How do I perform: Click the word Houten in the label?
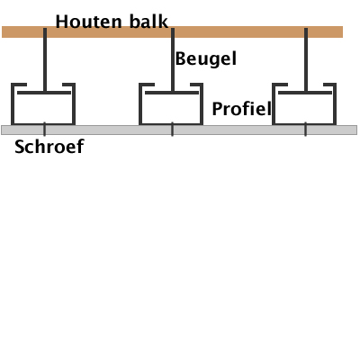tap(88, 22)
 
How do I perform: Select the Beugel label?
tap(206, 59)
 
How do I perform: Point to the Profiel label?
tap(242, 109)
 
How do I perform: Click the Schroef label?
tap(49, 147)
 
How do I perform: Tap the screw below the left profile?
tap(45, 130)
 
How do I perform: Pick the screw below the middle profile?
tap(172, 130)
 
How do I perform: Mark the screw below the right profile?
tap(305, 130)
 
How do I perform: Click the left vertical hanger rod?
tap(45, 59)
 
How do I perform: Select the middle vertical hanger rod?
tap(173, 59)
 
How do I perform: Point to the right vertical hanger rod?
tap(306, 59)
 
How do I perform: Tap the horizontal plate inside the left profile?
tap(44, 93)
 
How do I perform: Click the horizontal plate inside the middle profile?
tap(172, 93)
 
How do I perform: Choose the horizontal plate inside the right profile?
tap(305, 93)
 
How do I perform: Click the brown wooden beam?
tap(172, 31)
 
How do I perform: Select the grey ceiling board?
tap(179, 130)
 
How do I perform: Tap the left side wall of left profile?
tap(13, 103)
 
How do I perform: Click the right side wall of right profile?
tap(335, 103)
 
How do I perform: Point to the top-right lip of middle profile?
tap(197, 85)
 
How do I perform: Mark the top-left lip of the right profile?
tap(280, 85)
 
